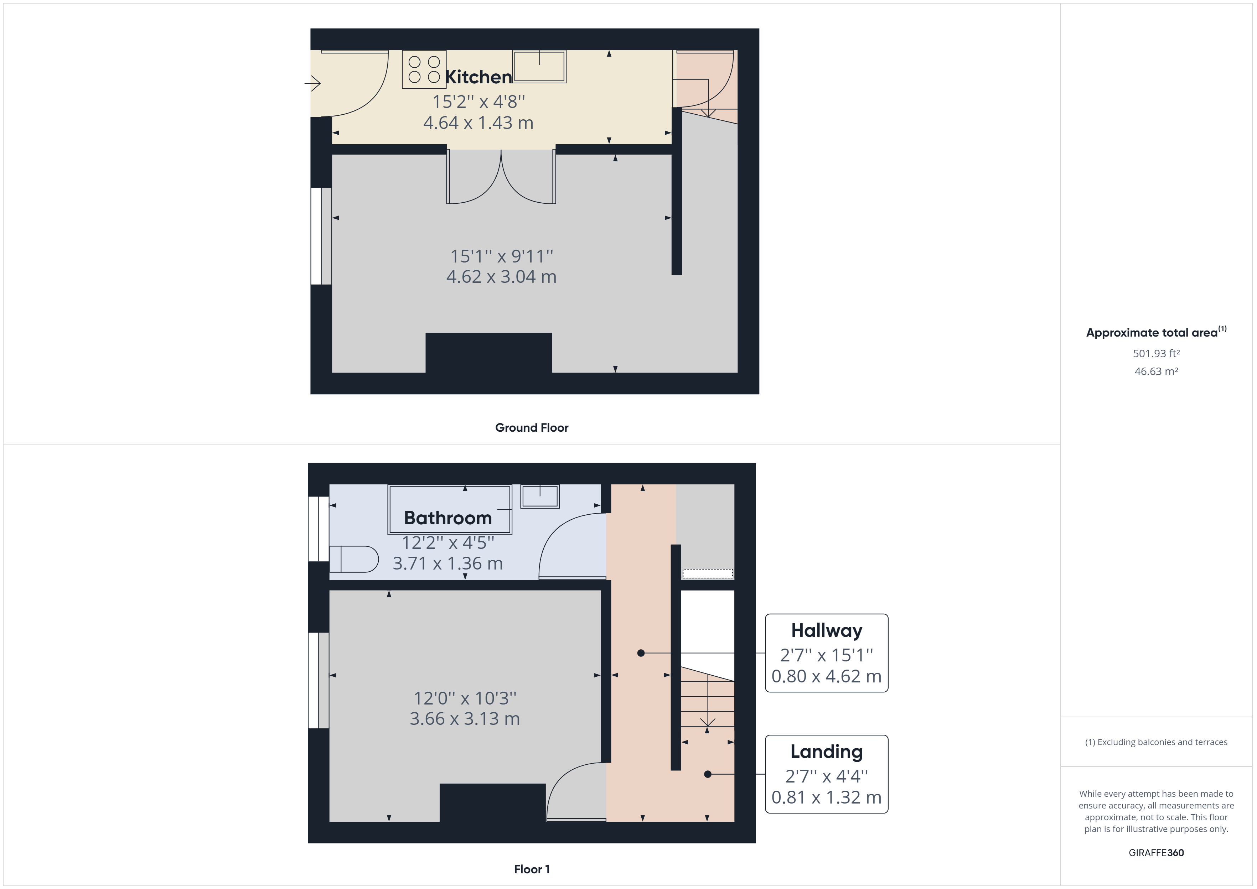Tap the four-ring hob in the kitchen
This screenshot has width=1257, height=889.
(424, 69)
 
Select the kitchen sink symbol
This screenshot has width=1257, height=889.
(539, 66)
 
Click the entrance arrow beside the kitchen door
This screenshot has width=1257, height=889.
(312, 83)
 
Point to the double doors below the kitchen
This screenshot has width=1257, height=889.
(501, 176)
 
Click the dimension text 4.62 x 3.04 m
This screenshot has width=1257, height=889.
(501, 276)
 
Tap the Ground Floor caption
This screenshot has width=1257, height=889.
(532, 427)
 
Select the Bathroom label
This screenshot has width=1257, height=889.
(448, 518)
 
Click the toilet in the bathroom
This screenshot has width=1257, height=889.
(354, 559)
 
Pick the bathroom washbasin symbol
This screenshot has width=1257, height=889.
(540, 497)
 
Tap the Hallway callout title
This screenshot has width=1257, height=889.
(826, 631)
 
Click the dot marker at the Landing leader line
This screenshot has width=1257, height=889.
(707, 774)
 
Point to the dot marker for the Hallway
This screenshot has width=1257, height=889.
(641, 653)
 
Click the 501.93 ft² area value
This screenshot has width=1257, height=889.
(1156, 354)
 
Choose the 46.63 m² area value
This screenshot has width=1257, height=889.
(1156, 371)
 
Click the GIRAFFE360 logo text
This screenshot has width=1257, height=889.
(1156, 852)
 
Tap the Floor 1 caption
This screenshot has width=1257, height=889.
(532, 869)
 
